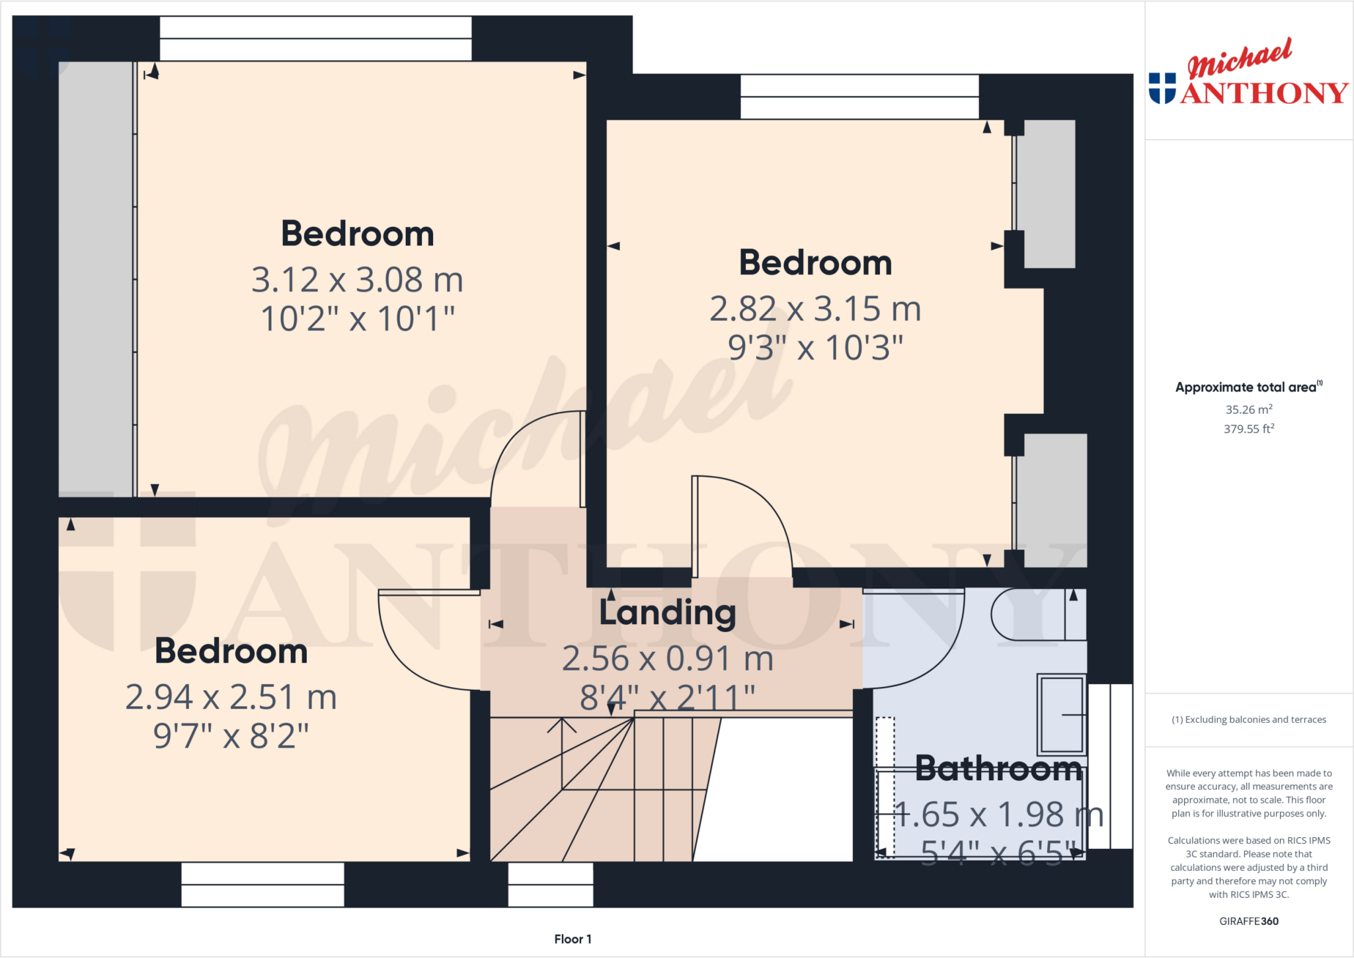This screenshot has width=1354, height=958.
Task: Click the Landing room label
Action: [x=667, y=613]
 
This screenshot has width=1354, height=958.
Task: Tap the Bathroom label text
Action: [x=998, y=769]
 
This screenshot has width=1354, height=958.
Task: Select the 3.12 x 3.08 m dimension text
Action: [x=357, y=280]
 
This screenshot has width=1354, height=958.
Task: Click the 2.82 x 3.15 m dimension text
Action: [x=815, y=309]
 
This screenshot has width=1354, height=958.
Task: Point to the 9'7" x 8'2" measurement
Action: [x=231, y=736]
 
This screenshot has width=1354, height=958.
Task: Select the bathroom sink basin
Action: [x=1060, y=715]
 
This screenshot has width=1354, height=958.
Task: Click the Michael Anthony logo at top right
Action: [x=1248, y=74]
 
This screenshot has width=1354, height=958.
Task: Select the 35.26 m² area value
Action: [x=1248, y=409]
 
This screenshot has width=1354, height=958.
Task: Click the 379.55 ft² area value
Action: [x=1248, y=429]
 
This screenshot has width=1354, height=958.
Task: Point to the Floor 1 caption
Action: [x=573, y=939]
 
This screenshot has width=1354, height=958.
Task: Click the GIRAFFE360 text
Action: [x=1248, y=921]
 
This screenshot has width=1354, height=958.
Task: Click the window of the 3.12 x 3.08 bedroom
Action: [x=315, y=38]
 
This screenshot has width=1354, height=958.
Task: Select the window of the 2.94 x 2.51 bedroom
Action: [x=262, y=885]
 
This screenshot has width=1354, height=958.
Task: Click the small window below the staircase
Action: [x=550, y=885]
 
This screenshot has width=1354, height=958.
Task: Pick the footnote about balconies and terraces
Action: [x=1248, y=719]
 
